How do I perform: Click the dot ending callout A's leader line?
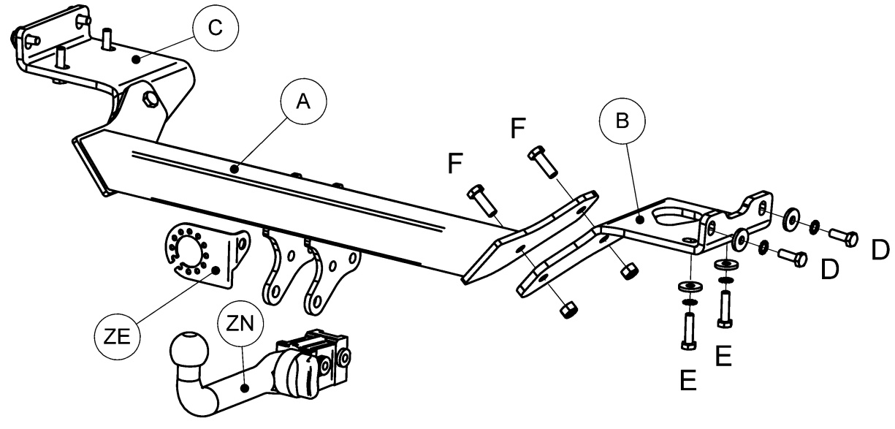[235, 170]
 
